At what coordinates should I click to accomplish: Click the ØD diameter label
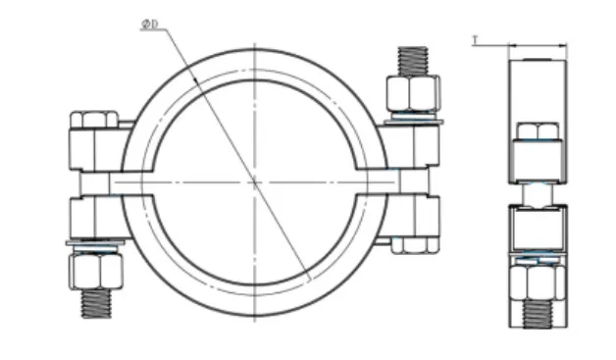point(150,25)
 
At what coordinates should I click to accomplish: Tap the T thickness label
point(476,40)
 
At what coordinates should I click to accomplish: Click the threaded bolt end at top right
point(413,61)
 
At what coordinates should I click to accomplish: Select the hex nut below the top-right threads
point(413,93)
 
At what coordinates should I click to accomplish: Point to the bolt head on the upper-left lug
point(93,120)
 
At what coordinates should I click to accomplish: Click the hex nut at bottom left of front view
point(95,271)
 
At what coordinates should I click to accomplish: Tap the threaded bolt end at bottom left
point(96,303)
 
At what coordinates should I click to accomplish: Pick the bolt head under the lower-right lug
point(415,245)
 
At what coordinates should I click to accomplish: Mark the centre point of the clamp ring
point(255,182)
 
